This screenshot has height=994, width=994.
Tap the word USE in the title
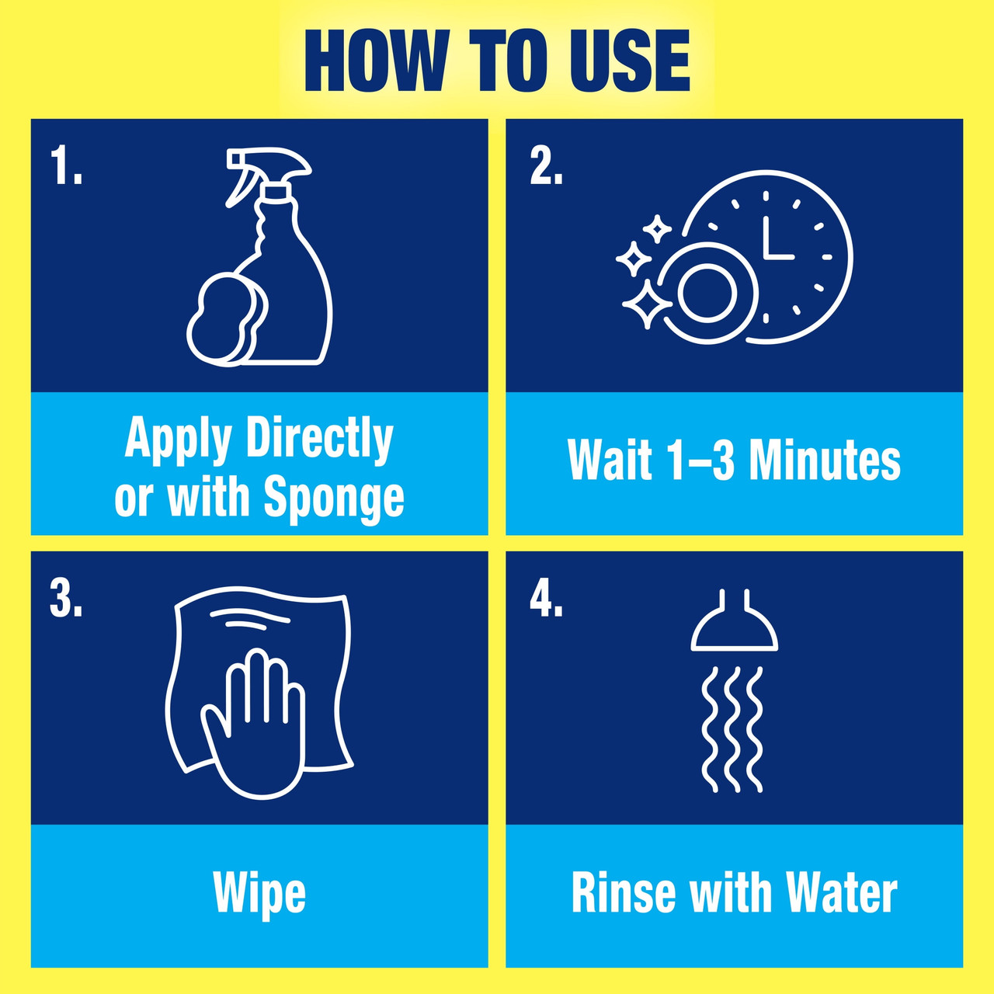pyautogui.click(x=629, y=61)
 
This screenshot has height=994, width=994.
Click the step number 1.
pyautogui.click(x=65, y=166)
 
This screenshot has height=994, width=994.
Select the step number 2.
pyautogui.click(x=546, y=166)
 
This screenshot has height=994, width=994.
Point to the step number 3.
pyautogui.click(x=65, y=599)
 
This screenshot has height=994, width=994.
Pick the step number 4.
pyautogui.click(x=546, y=599)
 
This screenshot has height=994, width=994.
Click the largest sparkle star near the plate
pyautogui.click(x=647, y=304)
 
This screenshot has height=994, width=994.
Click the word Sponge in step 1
pyautogui.click(x=334, y=497)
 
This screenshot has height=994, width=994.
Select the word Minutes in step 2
pyautogui.click(x=824, y=460)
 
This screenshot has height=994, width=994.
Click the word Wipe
pyautogui.click(x=259, y=893)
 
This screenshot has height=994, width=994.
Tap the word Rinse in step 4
pyautogui.click(x=624, y=893)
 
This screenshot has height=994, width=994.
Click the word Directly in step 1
pyautogui.click(x=320, y=439)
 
